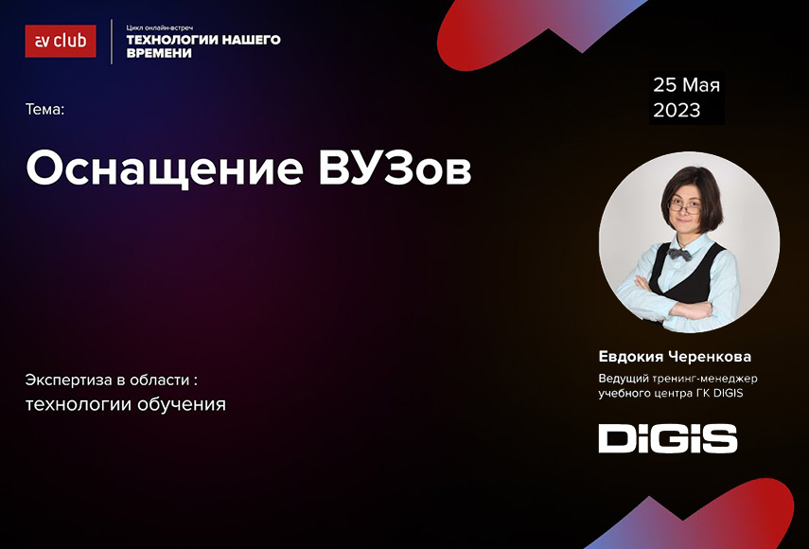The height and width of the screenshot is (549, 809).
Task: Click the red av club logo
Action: (61, 41)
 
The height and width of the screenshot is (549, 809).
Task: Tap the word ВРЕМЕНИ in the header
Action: (159, 53)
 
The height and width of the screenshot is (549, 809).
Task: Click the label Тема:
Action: (44, 110)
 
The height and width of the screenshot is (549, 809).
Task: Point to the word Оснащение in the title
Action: (165, 168)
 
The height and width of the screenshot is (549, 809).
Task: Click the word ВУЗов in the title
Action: (396, 168)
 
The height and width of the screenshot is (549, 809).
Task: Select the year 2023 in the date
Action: (677, 110)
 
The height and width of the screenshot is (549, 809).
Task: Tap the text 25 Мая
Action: (686, 85)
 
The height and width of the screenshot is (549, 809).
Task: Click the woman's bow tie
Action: (680, 254)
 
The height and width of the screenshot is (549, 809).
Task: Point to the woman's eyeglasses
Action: (685, 207)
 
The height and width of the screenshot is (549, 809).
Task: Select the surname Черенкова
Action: (710, 357)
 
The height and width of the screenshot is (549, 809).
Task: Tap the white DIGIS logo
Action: (668, 438)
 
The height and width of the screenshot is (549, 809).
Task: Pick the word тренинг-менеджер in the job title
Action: (705, 379)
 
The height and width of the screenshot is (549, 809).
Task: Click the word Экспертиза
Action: (69, 381)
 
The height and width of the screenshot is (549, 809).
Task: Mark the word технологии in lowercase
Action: (79, 404)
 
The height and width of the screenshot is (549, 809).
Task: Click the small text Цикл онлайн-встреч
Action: (159, 27)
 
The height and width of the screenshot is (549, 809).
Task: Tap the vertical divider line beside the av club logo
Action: (112, 42)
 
